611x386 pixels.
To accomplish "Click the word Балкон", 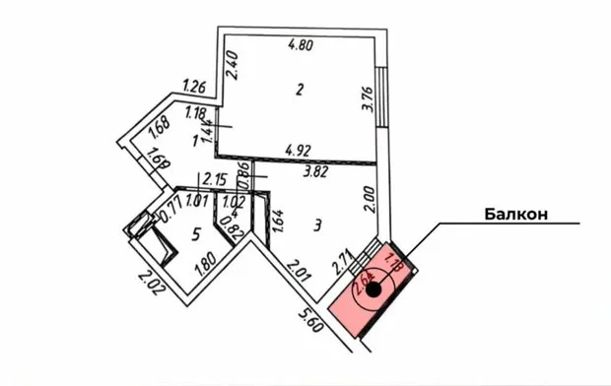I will (514, 215).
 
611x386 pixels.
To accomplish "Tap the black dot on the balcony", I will (374, 292).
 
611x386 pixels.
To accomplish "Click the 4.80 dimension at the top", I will (301, 44).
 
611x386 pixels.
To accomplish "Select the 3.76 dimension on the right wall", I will (367, 102).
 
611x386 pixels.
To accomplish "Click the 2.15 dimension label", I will (215, 180).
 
